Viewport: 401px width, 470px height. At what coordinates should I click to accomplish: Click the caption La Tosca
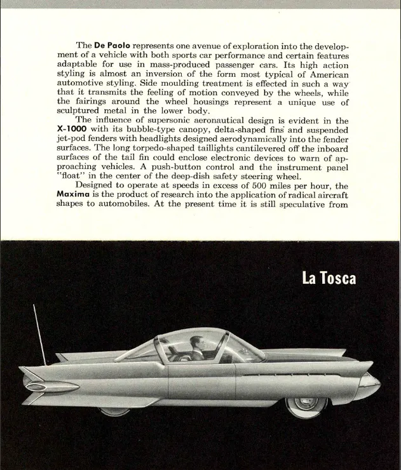[x=329, y=279]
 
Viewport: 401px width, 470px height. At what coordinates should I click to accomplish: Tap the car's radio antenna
[x=39, y=334]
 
